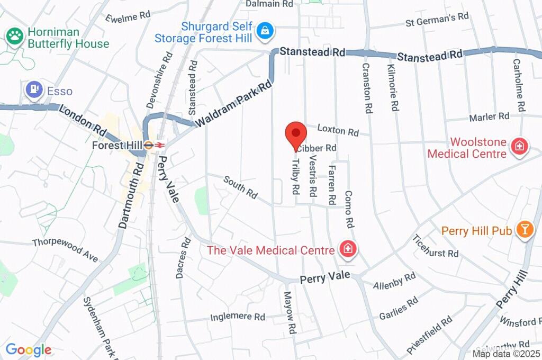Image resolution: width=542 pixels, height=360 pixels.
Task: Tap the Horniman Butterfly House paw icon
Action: pyautogui.click(x=15, y=37)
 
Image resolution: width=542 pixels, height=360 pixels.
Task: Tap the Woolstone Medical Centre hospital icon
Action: pyautogui.click(x=519, y=147)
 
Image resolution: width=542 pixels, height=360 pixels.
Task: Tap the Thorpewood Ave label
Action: pyautogui.click(x=65, y=249)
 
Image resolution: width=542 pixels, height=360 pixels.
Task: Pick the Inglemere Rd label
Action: pyautogui.click(x=237, y=317)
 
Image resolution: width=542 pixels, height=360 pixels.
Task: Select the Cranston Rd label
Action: pyautogui.click(x=366, y=88)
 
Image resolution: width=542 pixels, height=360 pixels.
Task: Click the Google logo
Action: pyautogui.click(x=28, y=349)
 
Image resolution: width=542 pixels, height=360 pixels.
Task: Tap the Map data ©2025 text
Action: pyautogui.click(x=507, y=354)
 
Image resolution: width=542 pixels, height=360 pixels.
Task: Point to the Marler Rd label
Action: pyautogui.click(x=489, y=116)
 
